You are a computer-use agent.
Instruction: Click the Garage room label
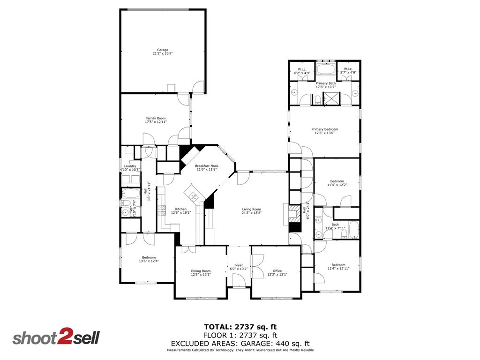tap(163, 50)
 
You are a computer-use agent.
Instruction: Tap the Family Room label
tap(156, 118)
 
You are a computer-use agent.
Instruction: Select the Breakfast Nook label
tap(207, 166)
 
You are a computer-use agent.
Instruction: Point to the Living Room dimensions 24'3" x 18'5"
tap(252, 213)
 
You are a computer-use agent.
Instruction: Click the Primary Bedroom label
tap(324, 129)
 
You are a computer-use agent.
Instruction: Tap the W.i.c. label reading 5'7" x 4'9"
tap(348, 69)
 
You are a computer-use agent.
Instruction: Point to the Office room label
tap(277, 271)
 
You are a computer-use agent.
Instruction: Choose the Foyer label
tap(239, 266)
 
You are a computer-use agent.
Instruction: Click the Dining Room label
tap(201, 271)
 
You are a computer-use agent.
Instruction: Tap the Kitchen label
tap(181, 209)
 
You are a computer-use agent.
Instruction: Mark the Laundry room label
tap(130, 166)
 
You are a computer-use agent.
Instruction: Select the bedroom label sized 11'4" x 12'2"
tap(337, 181)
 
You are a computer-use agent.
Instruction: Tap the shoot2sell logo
tap(56, 338)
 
